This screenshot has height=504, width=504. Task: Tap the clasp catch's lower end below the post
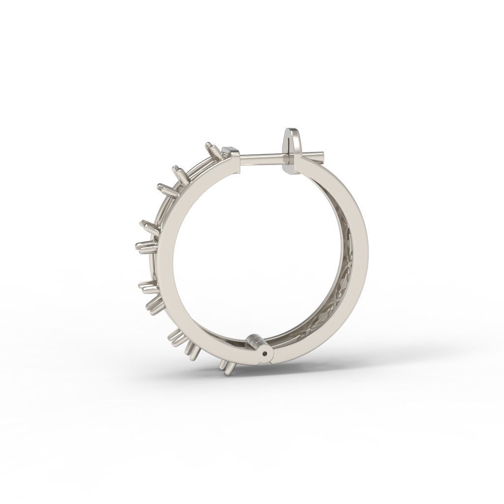(290, 168)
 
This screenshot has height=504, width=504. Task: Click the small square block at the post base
(229, 150)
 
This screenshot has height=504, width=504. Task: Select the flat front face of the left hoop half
(172, 256)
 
